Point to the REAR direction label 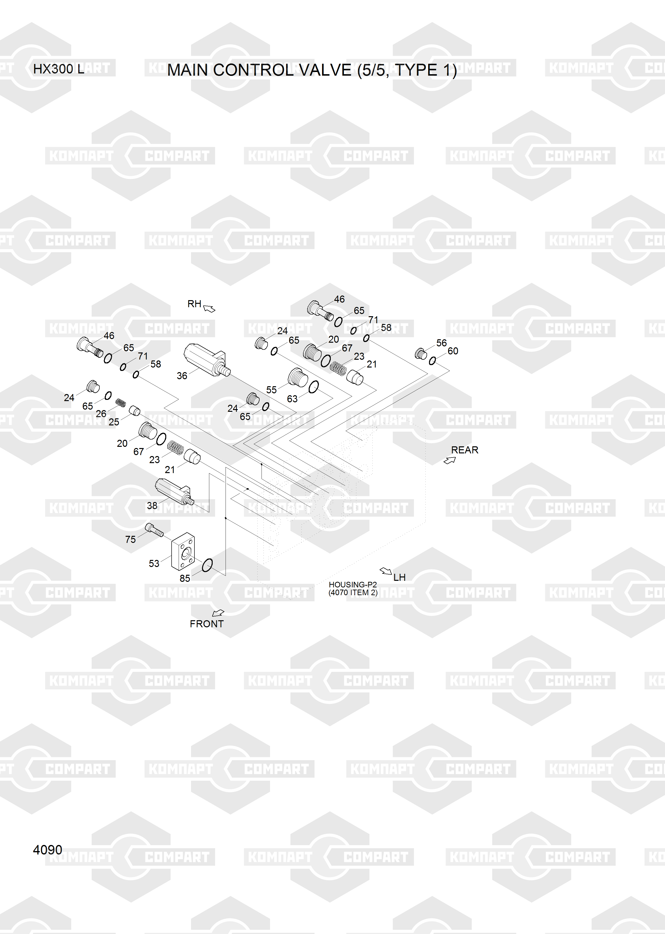pos(464,450)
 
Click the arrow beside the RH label pos(209,308)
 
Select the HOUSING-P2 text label pos(353,584)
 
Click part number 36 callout pos(182,376)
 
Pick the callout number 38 pos(152,505)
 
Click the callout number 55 pos(271,390)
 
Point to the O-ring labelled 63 pos(313,387)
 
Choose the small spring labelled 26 pos(120,403)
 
